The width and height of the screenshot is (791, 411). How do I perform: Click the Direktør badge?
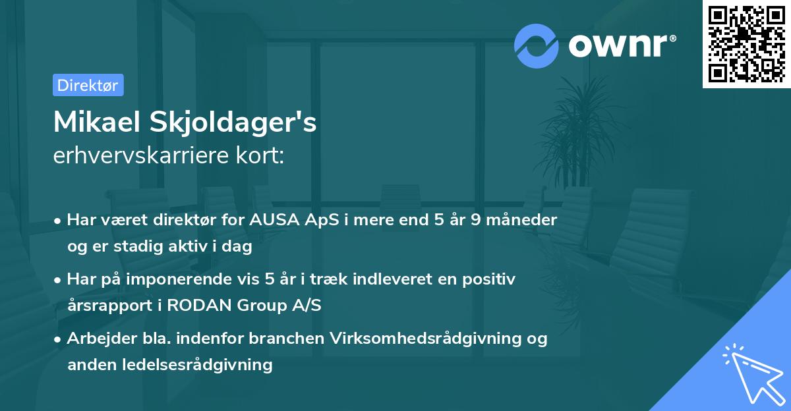(x=88, y=85)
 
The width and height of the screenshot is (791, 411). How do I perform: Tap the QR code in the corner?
(x=746, y=43)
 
